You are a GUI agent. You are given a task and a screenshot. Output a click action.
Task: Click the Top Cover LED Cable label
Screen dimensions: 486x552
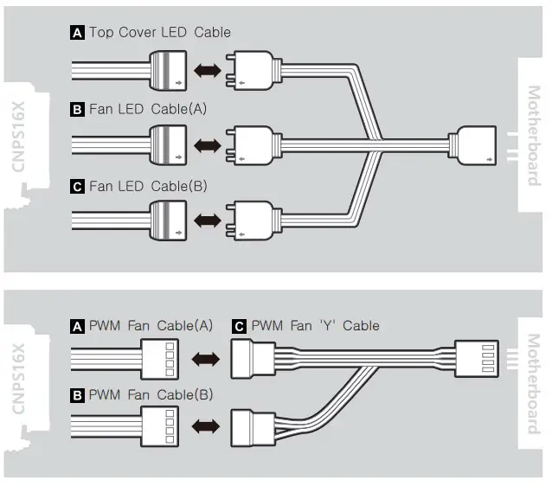point(159,33)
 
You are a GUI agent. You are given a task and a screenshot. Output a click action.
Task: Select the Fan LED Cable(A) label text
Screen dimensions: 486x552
point(148,110)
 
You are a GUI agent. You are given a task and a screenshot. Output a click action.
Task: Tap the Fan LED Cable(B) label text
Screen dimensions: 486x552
point(148,186)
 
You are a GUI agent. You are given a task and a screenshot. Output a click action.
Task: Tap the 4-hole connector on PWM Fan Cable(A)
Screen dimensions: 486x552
point(160,356)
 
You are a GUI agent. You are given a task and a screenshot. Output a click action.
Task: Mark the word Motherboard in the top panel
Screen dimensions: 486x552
point(533,135)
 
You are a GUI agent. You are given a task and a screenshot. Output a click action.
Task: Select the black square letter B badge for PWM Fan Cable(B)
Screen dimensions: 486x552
point(77,395)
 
